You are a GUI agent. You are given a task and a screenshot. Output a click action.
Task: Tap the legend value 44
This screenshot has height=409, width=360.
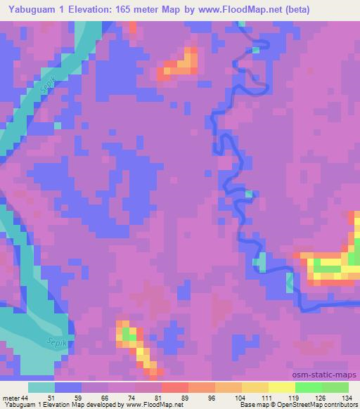click(27, 398)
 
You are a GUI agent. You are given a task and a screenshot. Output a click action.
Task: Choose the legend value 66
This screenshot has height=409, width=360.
click(105, 398)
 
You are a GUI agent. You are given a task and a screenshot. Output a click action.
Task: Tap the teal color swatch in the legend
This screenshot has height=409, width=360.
click(41, 387)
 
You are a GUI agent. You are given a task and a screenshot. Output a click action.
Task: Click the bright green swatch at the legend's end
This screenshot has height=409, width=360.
click(335, 387)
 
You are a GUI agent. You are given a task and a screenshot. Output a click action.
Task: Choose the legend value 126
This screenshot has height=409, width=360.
click(321, 398)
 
